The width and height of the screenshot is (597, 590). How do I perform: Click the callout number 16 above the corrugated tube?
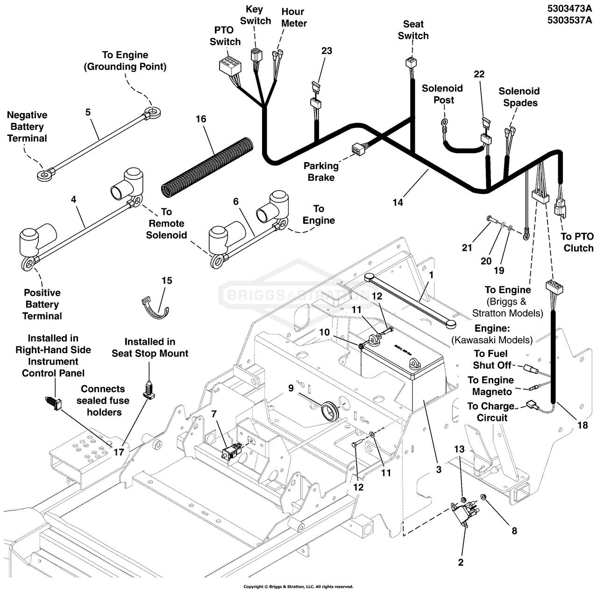click(x=200, y=119)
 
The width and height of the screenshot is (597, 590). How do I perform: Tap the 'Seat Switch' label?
click(x=413, y=30)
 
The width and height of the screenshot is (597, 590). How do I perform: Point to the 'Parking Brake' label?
click(x=321, y=171)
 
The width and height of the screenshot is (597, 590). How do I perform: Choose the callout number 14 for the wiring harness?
click(x=398, y=202)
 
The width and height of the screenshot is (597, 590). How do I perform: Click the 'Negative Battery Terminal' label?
click(x=27, y=127)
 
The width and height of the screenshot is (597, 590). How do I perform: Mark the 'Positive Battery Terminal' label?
click(x=42, y=304)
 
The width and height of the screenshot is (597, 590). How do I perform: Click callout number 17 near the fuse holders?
click(x=119, y=452)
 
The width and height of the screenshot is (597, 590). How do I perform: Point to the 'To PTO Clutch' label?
click(x=578, y=242)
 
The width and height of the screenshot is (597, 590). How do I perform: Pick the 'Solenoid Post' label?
click(x=442, y=94)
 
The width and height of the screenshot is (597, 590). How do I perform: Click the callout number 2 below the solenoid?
click(x=461, y=562)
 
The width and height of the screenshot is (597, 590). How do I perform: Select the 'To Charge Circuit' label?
click(x=491, y=412)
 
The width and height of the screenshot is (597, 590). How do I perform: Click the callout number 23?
click(x=327, y=50)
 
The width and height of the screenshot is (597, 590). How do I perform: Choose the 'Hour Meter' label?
click(x=293, y=17)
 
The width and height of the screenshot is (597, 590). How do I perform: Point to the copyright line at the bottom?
click(x=298, y=586)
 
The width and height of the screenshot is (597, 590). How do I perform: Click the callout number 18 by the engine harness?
click(x=583, y=425)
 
